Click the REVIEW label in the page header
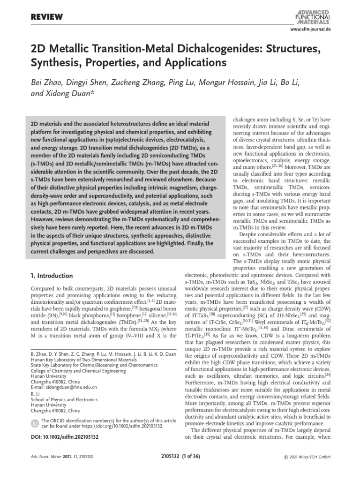pos(46,17)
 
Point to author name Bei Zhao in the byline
pos(48,83)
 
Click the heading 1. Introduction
pos(52,276)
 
